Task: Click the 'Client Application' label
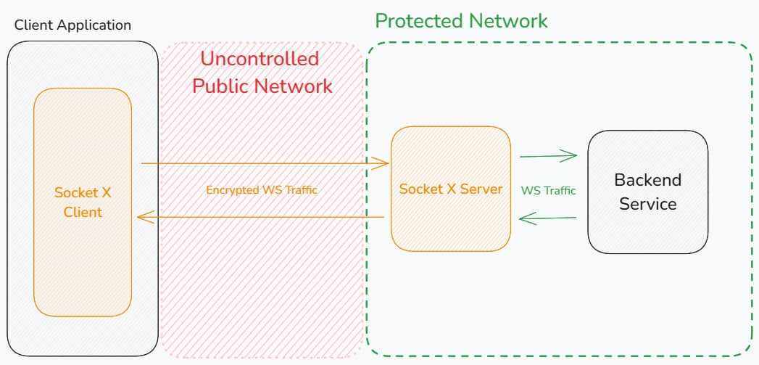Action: point(72,25)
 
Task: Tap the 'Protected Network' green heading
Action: point(461,20)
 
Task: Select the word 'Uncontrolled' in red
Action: point(259,59)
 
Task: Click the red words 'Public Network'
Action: point(262,86)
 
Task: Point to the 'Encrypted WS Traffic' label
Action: point(262,190)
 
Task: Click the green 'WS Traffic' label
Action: point(548,191)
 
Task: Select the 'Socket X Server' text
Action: point(450,189)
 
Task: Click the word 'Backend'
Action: point(647,180)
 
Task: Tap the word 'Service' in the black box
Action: point(647,204)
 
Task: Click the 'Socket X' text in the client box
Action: point(82,193)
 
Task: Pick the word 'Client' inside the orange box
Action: point(82,213)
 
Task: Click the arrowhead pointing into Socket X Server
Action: point(383,163)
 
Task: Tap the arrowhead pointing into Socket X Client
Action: point(144,216)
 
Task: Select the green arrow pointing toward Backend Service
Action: point(548,155)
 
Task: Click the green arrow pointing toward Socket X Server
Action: point(548,217)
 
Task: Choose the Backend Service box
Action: point(647,232)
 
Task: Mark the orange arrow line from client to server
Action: point(261,163)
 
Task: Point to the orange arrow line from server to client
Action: point(261,216)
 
